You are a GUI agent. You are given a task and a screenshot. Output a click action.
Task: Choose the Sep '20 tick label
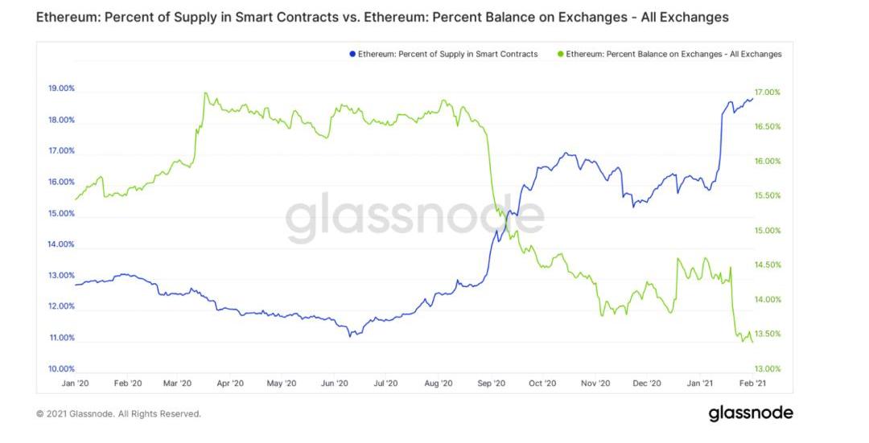click(490, 384)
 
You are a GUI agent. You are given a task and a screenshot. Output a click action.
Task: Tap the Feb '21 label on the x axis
click(752, 384)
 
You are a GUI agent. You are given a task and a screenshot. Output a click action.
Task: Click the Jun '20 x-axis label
click(335, 384)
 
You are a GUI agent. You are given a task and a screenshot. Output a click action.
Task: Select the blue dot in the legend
click(352, 54)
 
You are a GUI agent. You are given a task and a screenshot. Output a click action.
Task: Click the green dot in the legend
click(560, 54)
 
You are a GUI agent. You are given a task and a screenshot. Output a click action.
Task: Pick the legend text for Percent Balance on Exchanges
click(673, 54)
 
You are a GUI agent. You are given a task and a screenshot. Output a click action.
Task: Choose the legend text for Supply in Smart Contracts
click(448, 54)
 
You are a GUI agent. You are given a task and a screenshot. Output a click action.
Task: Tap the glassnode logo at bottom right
click(751, 413)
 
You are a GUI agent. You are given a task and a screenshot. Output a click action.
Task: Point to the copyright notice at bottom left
click(118, 414)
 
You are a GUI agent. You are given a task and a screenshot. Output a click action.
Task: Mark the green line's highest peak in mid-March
click(205, 92)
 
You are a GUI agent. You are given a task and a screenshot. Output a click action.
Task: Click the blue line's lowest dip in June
click(349, 335)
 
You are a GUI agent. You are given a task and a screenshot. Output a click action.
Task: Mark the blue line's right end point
click(753, 99)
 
